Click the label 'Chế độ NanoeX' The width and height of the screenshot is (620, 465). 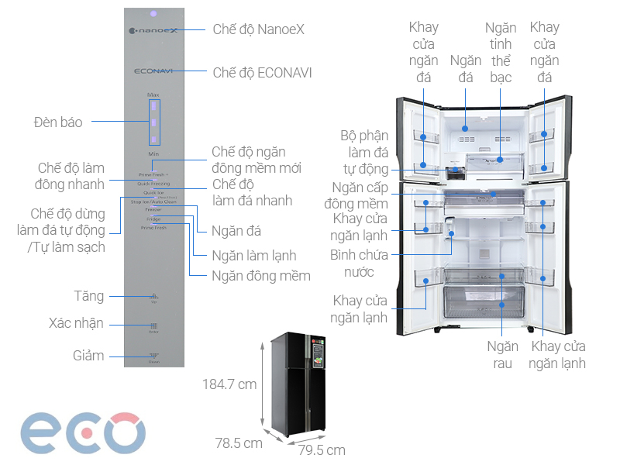pos(258,29)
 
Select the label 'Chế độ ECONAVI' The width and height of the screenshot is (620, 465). pos(262,73)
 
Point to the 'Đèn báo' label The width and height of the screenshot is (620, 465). pos(58,122)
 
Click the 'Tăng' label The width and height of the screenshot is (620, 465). pos(89,296)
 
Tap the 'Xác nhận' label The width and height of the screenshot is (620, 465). pos(76,324)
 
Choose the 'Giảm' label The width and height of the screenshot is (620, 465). pos(89,356)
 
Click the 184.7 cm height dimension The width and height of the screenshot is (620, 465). pos(229,384)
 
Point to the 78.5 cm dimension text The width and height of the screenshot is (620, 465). pos(239,443)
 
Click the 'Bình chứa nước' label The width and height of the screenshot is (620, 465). pos(352,263)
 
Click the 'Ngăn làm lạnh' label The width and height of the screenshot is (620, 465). pos(254,256)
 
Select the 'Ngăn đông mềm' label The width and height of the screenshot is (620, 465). pos(261,276)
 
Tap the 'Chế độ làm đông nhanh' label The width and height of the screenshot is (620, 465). pos(71,176)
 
